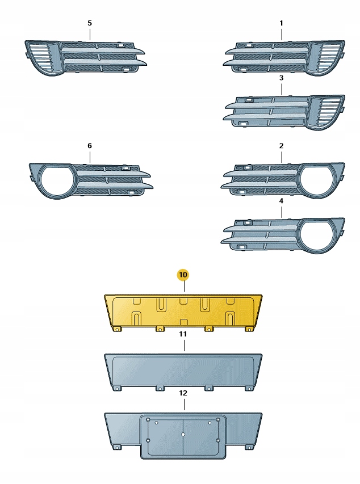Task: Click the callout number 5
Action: [x=89, y=23]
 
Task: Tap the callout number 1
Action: [x=281, y=23]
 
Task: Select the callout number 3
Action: [x=281, y=77]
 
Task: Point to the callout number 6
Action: [x=89, y=146]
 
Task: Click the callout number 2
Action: [x=281, y=146]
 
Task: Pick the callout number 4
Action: [x=281, y=200]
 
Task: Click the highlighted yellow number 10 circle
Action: [x=183, y=275]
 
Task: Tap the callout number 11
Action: [x=183, y=335]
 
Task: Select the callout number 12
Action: [x=183, y=393]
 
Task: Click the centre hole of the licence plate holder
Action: [x=183, y=435]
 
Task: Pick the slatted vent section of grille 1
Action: [x=329, y=57]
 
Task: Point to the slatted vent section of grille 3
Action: [x=329, y=112]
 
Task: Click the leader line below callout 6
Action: [x=89, y=157]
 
